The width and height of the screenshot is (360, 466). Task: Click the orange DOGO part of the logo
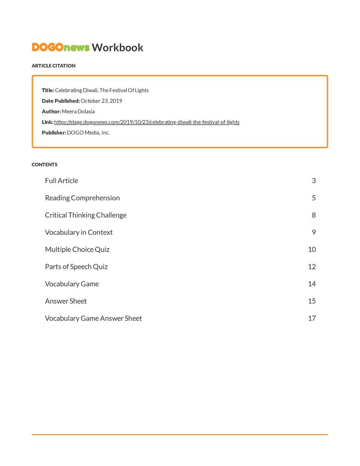pyautogui.click(x=48, y=48)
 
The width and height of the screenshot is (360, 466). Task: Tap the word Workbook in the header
pyautogui.click(x=117, y=48)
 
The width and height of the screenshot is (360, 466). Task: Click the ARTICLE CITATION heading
pyautogui.click(x=54, y=66)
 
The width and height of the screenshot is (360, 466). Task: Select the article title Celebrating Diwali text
pyautogui.click(x=102, y=90)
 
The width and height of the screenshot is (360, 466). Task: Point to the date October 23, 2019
pyautogui.click(x=101, y=101)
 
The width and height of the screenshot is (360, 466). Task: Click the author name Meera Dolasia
pyautogui.click(x=78, y=111)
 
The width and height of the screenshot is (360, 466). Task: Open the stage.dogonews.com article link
pyautogui.click(x=147, y=122)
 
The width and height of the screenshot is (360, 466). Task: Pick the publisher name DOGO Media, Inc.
pyautogui.click(x=88, y=133)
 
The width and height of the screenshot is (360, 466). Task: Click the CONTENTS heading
pyautogui.click(x=45, y=164)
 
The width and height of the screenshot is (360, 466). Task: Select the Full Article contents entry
pyautogui.click(x=61, y=181)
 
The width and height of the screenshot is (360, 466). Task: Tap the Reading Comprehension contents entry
pyautogui.click(x=82, y=198)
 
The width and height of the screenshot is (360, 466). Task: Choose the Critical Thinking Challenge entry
pyautogui.click(x=86, y=215)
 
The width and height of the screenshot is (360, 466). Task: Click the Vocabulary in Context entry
pyautogui.click(x=79, y=233)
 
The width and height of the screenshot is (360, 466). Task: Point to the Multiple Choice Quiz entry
pyautogui.click(x=77, y=250)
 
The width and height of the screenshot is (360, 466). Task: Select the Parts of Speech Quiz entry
pyautogui.click(x=76, y=267)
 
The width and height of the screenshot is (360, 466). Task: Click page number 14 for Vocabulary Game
pyautogui.click(x=312, y=284)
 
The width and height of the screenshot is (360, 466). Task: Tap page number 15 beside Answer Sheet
pyautogui.click(x=312, y=301)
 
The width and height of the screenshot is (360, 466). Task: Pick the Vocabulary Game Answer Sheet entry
pyautogui.click(x=93, y=319)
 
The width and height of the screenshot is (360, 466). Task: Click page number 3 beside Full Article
pyautogui.click(x=314, y=181)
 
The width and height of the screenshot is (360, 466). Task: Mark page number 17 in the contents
pyautogui.click(x=312, y=319)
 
